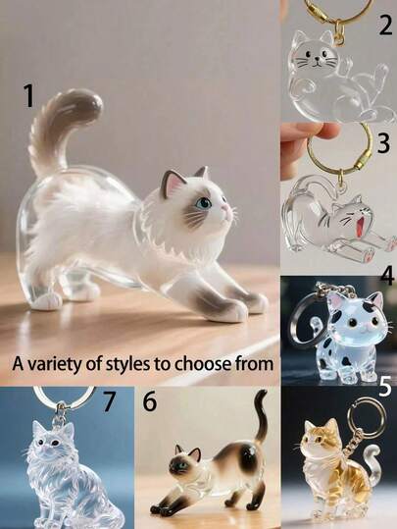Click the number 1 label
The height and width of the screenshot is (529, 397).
pos(29,95)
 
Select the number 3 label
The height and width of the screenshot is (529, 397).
pos(383,142)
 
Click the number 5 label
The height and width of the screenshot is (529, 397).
pos(384,388)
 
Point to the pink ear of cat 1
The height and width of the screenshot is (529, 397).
pos(175,184)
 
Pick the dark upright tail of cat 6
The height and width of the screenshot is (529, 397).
pos(259,422)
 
